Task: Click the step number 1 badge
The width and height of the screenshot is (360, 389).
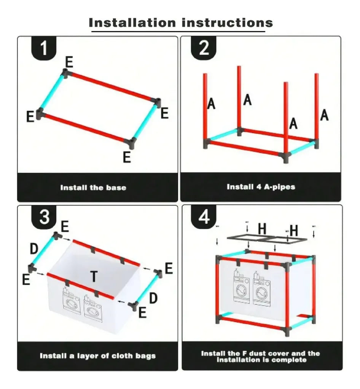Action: tap(44, 48)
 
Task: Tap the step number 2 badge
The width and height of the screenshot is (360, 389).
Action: tap(204, 48)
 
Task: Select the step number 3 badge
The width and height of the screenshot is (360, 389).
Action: tap(44, 217)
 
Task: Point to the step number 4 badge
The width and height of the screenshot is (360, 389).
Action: tap(204, 217)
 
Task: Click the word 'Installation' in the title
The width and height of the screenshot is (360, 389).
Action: tap(132, 23)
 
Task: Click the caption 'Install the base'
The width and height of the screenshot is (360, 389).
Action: tap(93, 188)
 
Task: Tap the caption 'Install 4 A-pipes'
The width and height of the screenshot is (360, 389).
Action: tap(261, 187)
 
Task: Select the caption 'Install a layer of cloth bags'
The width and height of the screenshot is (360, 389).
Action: tap(98, 356)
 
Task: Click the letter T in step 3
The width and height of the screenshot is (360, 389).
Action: tap(94, 276)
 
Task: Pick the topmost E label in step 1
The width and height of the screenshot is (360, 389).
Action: tap(69, 62)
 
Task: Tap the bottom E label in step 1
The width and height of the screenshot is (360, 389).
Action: tap(127, 157)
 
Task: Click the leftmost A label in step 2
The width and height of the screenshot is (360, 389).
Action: tap(211, 104)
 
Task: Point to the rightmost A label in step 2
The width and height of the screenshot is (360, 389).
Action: tap(324, 115)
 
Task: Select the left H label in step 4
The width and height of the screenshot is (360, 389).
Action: tap(262, 229)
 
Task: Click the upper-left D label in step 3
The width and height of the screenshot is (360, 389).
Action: tap(34, 249)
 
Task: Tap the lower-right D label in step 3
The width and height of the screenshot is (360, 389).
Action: tap(153, 298)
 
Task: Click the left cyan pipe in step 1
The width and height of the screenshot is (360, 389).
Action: tap(52, 92)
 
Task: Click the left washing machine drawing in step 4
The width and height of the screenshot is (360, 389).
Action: tap(241, 286)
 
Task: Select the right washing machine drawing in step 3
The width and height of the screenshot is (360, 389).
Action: tap(93, 308)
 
